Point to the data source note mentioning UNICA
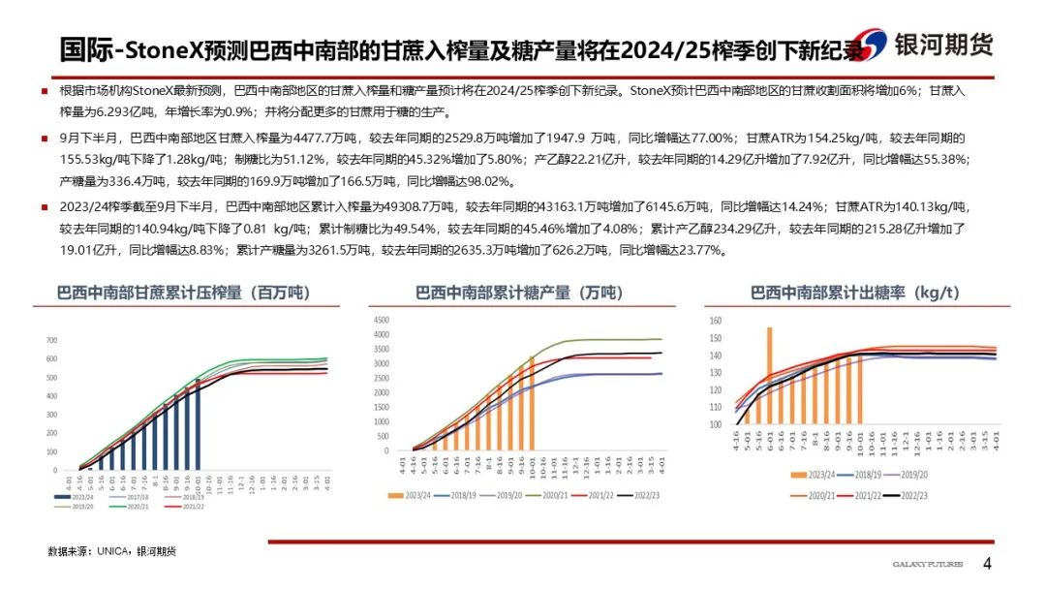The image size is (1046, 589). tap(112, 551)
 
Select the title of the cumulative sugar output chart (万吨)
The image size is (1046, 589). tap(519, 293)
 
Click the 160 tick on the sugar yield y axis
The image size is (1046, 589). tap(716, 321)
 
